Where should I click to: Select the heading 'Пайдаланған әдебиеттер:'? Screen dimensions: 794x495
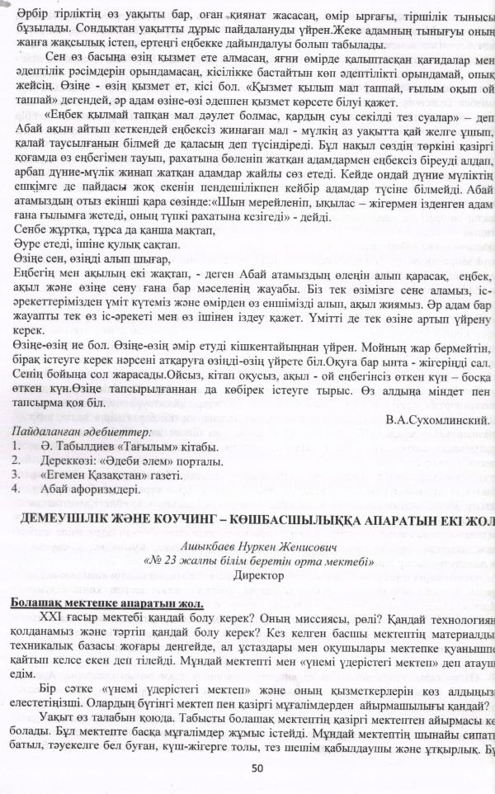[x=80, y=432]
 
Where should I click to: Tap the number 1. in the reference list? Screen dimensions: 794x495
[x=16, y=447]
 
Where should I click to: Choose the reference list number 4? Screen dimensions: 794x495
[x=16, y=489]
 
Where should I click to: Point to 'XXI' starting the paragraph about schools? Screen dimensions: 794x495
[x=52, y=620]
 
